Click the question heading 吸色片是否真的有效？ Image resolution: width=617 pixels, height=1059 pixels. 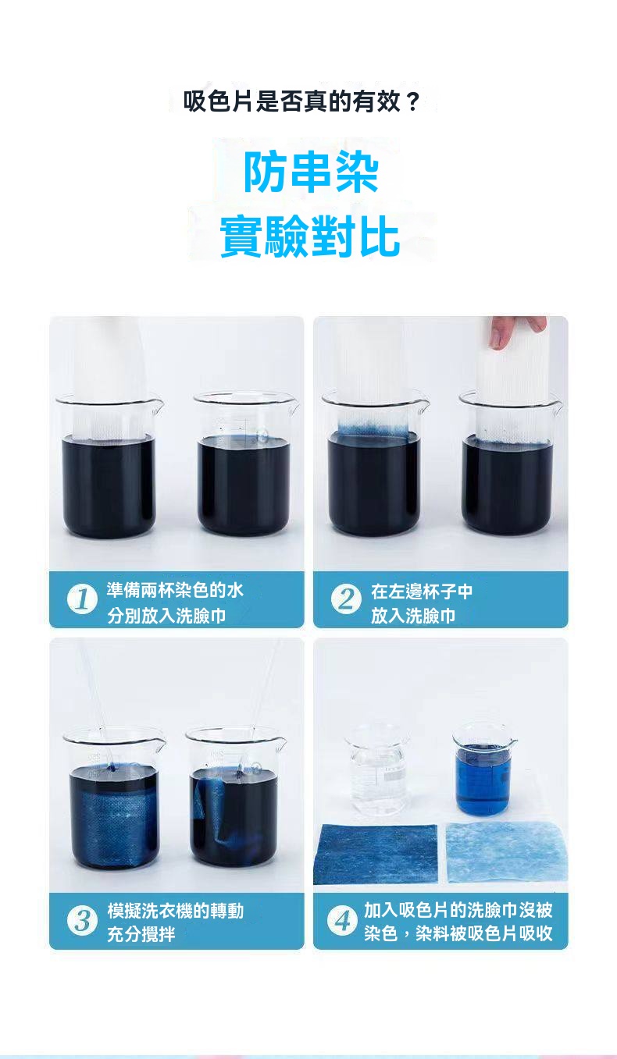click(x=301, y=101)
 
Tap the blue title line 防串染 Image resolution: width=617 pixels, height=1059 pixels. click(x=311, y=172)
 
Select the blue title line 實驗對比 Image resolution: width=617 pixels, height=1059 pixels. click(x=310, y=236)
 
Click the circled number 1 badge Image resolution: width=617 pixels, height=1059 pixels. click(x=82, y=600)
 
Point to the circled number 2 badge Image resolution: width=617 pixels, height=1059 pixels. click(x=346, y=599)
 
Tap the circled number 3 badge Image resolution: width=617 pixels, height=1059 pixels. click(x=82, y=921)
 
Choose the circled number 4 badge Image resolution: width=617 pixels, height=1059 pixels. click(x=342, y=921)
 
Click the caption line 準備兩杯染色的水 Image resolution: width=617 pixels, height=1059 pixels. click(x=175, y=590)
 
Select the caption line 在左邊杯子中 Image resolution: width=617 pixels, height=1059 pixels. click(x=422, y=591)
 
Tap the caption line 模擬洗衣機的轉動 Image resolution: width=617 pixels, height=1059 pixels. click(x=176, y=911)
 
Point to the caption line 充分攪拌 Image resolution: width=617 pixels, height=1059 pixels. click(x=141, y=934)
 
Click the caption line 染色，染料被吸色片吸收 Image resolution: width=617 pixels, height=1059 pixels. click(x=458, y=933)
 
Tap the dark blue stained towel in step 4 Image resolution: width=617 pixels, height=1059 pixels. click(x=375, y=853)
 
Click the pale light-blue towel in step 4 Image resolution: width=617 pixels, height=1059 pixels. click(x=506, y=852)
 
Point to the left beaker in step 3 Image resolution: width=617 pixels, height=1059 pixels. click(x=114, y=798)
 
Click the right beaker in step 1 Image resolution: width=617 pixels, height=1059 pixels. click(x=245, y=464)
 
